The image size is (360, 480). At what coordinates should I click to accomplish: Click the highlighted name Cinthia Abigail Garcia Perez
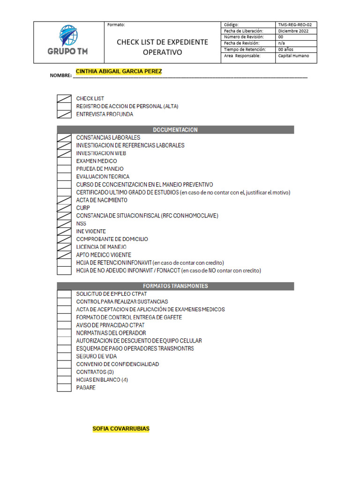119,71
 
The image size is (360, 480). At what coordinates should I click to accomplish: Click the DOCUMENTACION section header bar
175,130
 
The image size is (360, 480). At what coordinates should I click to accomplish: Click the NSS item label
81,224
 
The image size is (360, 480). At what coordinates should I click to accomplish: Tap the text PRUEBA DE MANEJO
100,169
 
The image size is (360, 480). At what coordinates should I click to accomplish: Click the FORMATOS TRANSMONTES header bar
175,286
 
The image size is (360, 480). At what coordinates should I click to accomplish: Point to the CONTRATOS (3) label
95,372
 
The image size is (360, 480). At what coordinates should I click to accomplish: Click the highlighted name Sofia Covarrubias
121,428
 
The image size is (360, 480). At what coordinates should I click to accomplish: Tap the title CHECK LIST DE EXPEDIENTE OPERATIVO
162,47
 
